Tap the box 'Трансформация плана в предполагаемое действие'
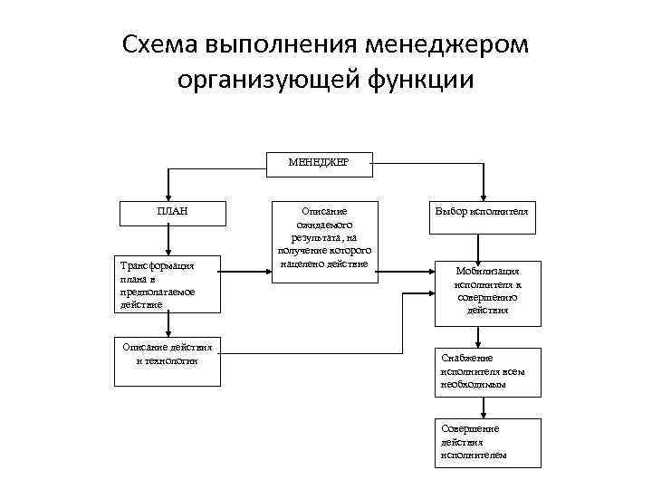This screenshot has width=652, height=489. click(169, 285)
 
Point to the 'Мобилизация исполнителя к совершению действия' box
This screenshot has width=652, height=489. click(487, 290)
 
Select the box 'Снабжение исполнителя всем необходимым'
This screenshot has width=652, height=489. click(487, 371)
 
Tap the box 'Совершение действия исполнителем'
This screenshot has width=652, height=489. click(487, 442)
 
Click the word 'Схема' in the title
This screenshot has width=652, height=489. click(160, 45)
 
